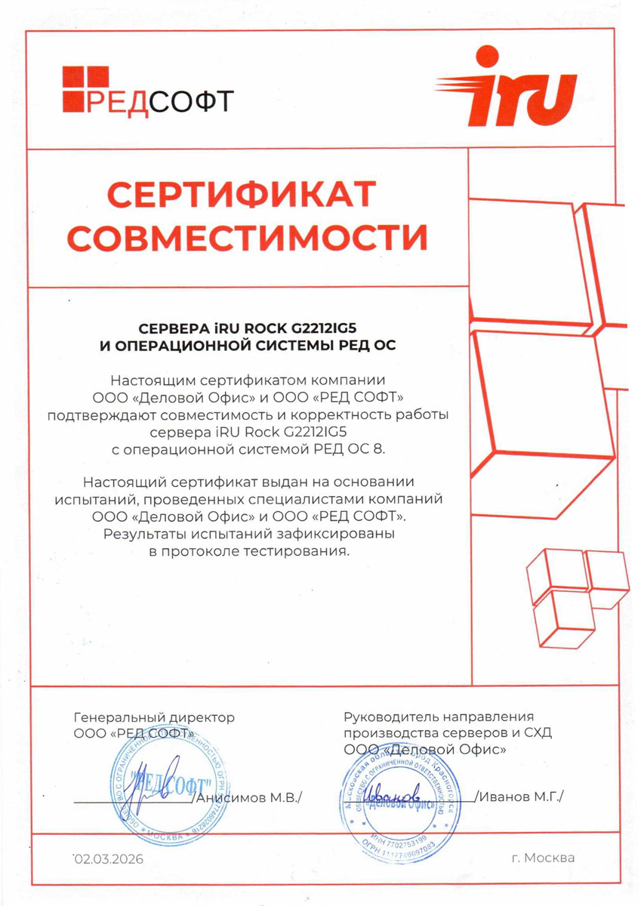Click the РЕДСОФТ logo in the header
coord(148,90)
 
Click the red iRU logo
coord(506,87)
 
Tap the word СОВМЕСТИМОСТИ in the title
coord(252,236)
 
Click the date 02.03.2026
coord(108,858)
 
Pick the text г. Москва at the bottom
coord(542,858)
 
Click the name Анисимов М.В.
coord(249,798)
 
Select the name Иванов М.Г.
coord(521,797)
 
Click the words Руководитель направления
coord(439,716)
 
